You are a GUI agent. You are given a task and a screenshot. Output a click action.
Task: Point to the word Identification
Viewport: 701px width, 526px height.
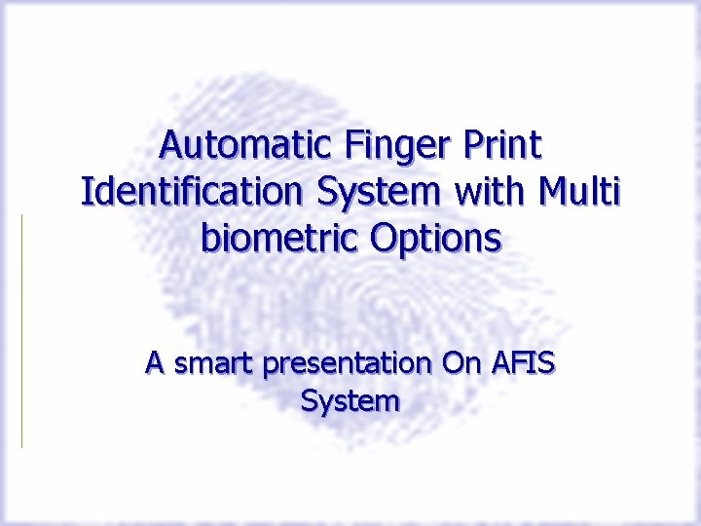[193, 192]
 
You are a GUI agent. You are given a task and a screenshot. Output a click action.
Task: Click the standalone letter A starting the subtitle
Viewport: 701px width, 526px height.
[154, 364]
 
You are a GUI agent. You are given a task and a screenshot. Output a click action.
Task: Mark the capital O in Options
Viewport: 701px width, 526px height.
[383, 238]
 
